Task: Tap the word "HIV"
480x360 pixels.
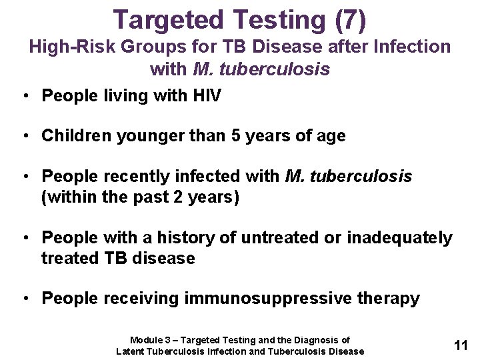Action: click(x=206, y=96)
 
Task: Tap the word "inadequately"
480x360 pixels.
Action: click(x=399, y=238)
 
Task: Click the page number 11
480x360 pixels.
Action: click(x=461, y=345)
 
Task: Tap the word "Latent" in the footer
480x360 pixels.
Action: click(x=131, y=351)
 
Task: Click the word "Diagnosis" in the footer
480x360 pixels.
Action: click(x=315, y=340)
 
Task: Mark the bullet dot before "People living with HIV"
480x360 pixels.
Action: click(x=25, y=97)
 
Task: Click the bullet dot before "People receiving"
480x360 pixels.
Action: click(x=25, y=299)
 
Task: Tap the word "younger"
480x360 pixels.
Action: click(x=142, y=136)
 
